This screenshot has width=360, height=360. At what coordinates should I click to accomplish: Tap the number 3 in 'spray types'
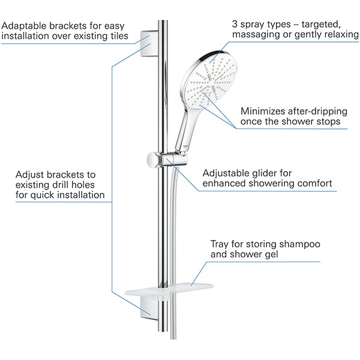(x=235, y=25)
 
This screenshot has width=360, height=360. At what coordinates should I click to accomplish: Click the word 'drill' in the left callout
(x=62, y=184)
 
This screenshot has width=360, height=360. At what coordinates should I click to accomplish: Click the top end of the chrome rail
(x=162, y=23)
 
